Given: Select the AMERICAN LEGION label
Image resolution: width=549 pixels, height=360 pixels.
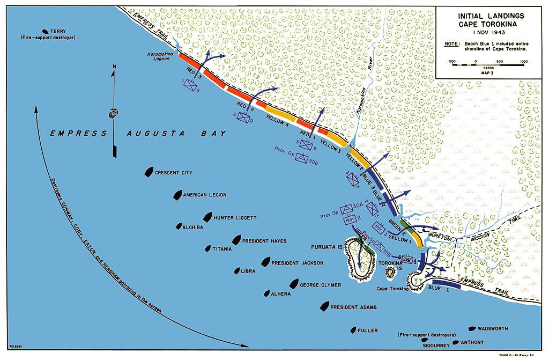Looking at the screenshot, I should (x=205, y=195).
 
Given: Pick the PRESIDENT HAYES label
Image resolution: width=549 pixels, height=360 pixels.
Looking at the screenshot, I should (x=264, y=241).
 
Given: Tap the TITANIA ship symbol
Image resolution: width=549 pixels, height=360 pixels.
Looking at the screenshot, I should (x=207, y=248).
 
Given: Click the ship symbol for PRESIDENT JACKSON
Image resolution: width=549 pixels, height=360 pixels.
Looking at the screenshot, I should (x=265, y=262).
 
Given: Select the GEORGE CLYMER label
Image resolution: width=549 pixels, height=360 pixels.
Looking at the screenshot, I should (x=320, y=285).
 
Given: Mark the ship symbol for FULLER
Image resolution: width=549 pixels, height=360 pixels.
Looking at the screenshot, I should (x=354, y=330).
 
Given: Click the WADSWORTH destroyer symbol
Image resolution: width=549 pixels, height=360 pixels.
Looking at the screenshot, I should (x=472, y=328).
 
